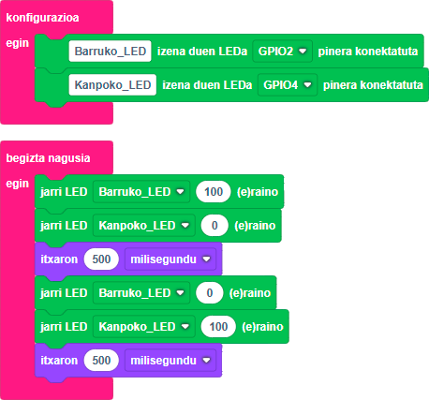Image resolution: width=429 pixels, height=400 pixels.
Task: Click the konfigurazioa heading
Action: point(42,18)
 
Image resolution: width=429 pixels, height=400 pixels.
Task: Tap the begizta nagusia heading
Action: point(48,158)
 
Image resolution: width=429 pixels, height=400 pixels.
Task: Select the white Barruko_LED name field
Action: point(111,51)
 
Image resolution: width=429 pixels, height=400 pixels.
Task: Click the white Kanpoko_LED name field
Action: point(112,84)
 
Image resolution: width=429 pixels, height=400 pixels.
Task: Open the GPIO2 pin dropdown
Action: point(282,51)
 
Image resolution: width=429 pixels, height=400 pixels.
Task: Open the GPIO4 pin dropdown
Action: point(288,84)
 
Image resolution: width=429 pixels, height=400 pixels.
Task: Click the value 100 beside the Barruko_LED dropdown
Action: point(214,191)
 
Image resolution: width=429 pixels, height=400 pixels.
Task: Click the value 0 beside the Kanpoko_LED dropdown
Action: point(214,225)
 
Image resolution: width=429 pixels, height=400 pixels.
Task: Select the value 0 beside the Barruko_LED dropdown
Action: point(210,292)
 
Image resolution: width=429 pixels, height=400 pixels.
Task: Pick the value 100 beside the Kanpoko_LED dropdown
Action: point(218,326)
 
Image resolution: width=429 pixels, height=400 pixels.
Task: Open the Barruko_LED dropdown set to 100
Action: point(141,191)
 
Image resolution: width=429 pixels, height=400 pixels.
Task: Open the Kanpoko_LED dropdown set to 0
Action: point(144,225)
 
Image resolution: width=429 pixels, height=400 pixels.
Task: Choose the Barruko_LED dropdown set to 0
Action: point(141,292)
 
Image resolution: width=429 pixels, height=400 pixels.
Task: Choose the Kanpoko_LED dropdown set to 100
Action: point(144,326)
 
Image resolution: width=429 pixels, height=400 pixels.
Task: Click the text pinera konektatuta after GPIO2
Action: point(368,52)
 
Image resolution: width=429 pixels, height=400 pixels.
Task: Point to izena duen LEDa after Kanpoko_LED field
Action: point(207,85)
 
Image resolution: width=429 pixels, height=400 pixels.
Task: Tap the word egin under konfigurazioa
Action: point(18,43)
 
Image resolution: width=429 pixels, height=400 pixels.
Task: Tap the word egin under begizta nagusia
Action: point(18,184)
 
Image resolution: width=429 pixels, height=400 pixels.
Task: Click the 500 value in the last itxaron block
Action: point(101,360)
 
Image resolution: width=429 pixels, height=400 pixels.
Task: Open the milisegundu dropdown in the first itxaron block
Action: point(170,259)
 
